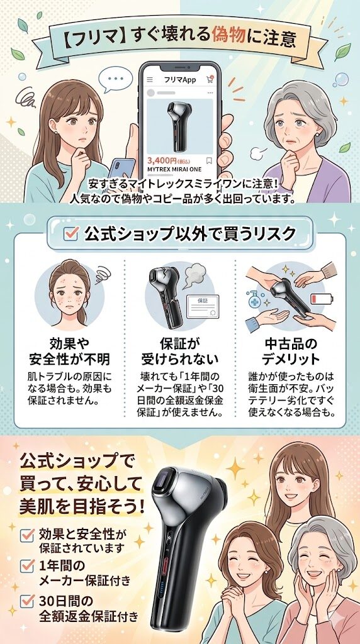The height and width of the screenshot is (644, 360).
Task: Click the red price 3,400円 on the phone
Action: click(161, 160)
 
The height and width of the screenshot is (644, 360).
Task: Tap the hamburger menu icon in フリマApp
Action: click(150, 80)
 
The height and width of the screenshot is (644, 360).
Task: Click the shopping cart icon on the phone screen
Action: click(210, 80)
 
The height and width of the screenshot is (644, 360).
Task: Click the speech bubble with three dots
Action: click(116, 80)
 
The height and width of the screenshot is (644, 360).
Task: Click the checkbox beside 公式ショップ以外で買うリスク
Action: click(71, 235)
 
